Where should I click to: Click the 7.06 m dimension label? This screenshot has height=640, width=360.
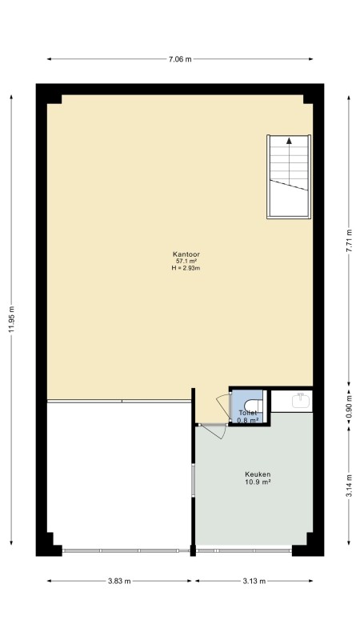(x=180, y=59)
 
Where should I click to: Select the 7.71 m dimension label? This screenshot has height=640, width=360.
(x=349, y=242)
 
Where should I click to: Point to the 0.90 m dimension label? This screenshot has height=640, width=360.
(x=349, y=407)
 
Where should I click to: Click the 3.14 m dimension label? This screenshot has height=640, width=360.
(x=349, y=486)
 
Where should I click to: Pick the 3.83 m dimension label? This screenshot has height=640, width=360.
(x=119, y=582)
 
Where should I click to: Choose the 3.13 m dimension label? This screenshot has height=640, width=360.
(x=254, y=582)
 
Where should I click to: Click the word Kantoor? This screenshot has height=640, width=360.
(x=186, y=254)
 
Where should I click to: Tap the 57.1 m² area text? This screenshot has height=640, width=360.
(x=186, y=262)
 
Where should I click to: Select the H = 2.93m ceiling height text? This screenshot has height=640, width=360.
(x=186, y=268)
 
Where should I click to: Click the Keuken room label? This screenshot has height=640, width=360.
(x=258, y=474)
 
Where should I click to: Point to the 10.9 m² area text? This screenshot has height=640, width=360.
(x=258, y=482)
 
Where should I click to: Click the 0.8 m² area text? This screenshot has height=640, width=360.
(x=248, y=420)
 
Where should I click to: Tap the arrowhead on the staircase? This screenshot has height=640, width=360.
(x=289, y=141)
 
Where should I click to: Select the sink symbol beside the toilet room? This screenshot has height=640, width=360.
(x=301, y=401)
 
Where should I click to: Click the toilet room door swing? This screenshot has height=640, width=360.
(x=224, y=406)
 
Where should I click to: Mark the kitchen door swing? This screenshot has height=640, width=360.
(x=212, y=432)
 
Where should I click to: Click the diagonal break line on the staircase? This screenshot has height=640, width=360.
(x=289, y=185)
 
